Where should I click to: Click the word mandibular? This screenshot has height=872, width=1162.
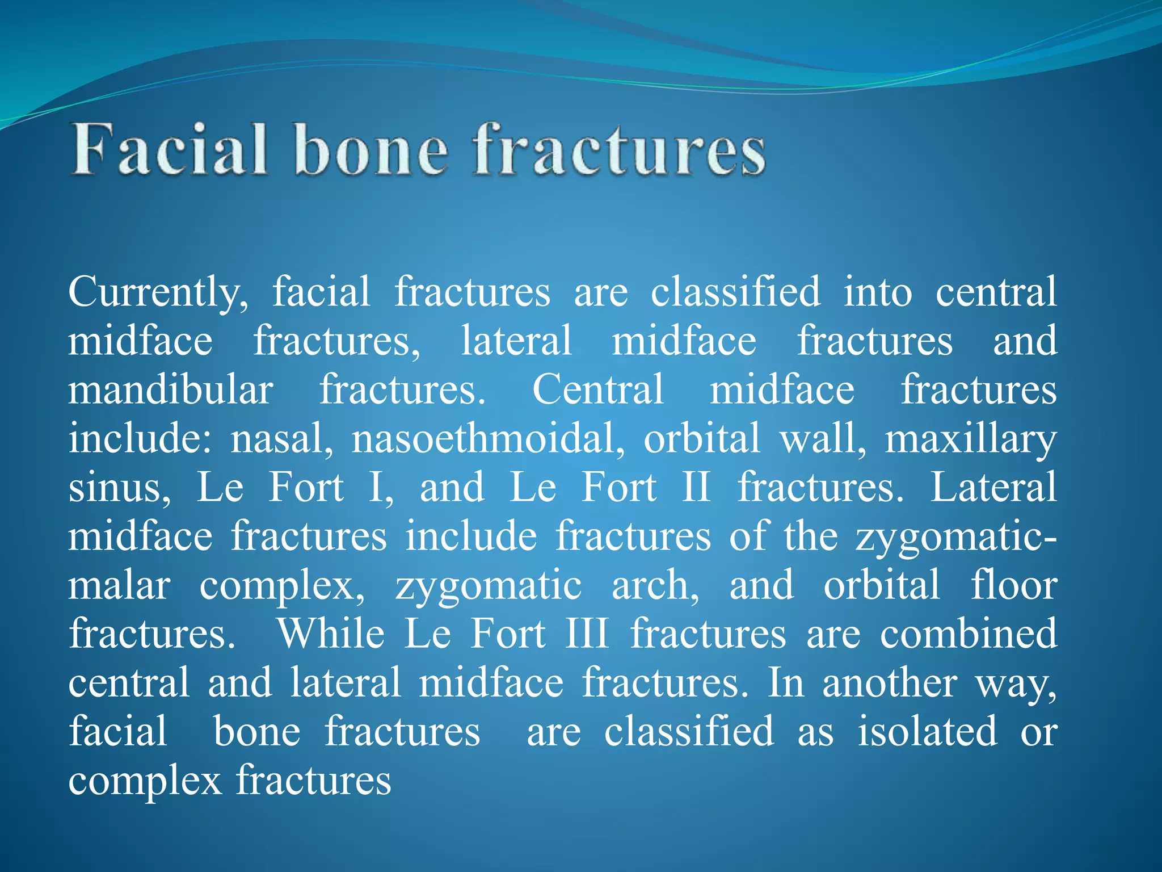tap(170, 391)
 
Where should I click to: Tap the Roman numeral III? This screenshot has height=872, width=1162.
tap(587, 634)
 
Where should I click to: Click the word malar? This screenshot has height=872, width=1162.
tap(119, 586)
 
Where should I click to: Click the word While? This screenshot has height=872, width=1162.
tap(331, 634)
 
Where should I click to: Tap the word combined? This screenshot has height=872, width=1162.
tap(969, 634)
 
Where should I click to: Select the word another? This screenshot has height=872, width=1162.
tap(890, 684)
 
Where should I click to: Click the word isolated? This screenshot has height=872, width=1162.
tap(927, 732)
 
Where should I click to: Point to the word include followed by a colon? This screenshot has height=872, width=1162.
tap(140, 439)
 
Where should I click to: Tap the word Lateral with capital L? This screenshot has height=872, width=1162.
tap(993, 488)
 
